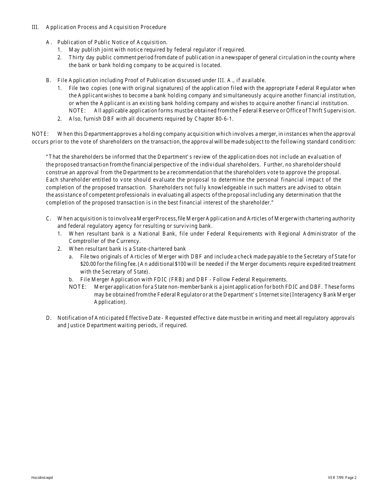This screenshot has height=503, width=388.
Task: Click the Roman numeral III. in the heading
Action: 35,27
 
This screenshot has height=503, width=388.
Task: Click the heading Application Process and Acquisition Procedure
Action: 106,27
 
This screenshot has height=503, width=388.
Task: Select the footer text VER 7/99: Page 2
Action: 342,478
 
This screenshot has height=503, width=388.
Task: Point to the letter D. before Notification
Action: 49,318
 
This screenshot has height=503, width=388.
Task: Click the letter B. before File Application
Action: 49,81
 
